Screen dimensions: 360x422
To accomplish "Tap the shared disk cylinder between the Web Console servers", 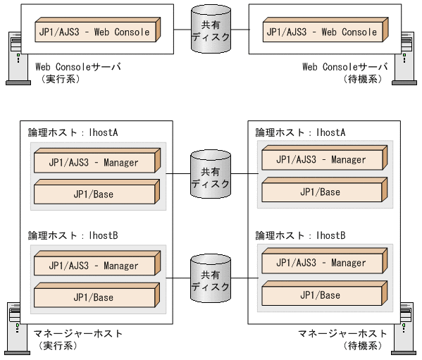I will click(211, 31).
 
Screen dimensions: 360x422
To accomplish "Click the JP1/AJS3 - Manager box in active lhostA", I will click(96, 163).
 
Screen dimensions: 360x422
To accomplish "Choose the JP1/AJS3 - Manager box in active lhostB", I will click(96, 266).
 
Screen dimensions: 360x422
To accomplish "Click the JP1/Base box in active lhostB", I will click(96, 297).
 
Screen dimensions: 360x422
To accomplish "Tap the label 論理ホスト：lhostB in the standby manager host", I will click(299, 235).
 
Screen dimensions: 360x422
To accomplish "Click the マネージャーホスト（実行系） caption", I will click(77, 339).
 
